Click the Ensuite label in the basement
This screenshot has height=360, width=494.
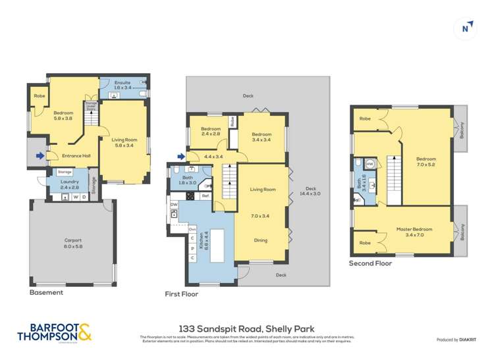click(123, 84)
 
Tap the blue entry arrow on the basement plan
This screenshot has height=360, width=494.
click(41, 156)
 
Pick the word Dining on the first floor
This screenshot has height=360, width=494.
click(261, 240)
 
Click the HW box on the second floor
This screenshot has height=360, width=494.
click(370, 164)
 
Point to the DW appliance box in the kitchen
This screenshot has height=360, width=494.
click(174, 205)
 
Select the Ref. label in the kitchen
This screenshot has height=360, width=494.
click(205, 195)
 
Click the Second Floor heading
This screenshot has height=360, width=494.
click(370, 263)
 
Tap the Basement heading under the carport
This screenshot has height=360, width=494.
click(47, 292)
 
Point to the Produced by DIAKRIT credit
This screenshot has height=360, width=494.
click(457, 340)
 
